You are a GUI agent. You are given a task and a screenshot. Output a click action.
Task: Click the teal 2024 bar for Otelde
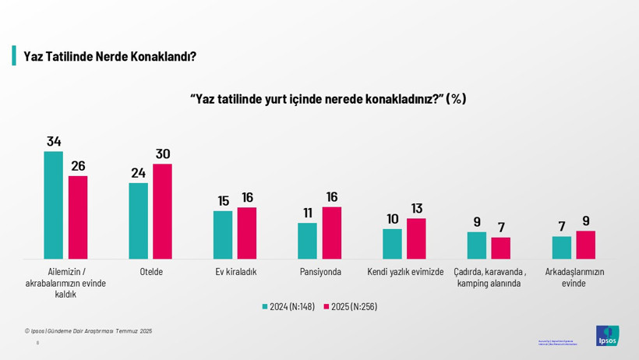(x=138, y=221)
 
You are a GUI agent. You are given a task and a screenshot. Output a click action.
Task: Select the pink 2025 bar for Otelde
(x=162, y=211)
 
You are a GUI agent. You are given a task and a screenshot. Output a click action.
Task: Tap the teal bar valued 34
(x=53, y=205)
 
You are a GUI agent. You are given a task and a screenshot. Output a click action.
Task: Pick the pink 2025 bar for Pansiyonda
(x=331, y=232)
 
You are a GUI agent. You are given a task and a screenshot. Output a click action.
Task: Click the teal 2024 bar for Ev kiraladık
(x=223, y=235)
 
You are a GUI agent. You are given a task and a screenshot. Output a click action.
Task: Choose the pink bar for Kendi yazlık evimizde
(x=416, y=238)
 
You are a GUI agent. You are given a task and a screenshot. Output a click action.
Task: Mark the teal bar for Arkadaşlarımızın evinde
(x=561, y=247)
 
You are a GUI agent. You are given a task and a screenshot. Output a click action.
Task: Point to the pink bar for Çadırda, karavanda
(x=500, y=248)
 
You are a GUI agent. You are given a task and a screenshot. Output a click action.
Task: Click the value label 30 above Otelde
(x=162, y=154)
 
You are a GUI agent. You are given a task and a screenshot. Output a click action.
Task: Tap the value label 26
(x=78, y=166)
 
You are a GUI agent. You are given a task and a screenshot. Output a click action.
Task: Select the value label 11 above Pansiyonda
(x=308, y=213)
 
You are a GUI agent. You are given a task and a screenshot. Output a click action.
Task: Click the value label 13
(x=416, y=208)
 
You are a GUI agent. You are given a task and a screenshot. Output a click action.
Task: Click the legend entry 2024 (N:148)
(x=288, y=306)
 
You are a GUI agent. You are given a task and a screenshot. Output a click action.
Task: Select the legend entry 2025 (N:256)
(x=350, y=306)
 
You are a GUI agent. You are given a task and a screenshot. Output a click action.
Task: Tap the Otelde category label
(x=150, y=272)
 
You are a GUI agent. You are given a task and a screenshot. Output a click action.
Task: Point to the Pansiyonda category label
(x=320, y=272)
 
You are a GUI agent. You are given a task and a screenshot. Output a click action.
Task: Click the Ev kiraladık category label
(x=235, y=272)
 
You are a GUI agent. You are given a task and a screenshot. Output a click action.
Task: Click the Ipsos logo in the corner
(x=607, y=336)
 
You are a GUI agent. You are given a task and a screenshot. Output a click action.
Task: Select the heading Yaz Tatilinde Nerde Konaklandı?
(x=109, y=57)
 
